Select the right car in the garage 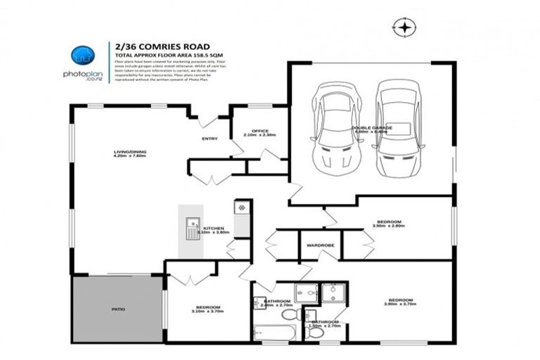point(397,130)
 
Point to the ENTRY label point(210,139)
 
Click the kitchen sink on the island point(191,229)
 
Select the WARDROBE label point(314,245)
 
